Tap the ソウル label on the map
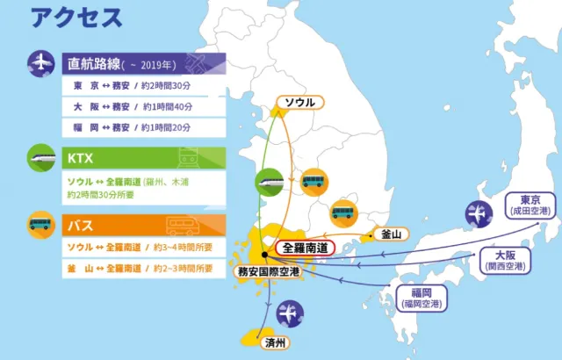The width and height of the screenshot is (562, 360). point(295,103)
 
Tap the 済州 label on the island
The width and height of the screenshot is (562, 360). point(274,342)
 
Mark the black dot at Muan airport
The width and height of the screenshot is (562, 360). point(264,255)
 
